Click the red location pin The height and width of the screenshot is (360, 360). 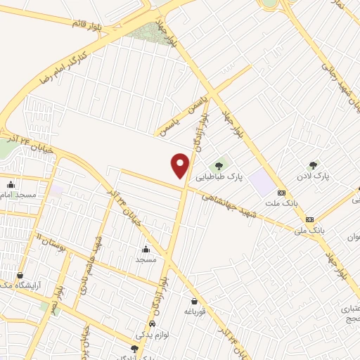click(181, 166)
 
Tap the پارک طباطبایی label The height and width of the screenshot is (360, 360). click(220, 178)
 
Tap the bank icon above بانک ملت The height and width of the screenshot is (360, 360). click(281, 192)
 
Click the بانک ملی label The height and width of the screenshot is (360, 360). click(311, 229)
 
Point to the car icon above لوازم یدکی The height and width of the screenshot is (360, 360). click(153, 324)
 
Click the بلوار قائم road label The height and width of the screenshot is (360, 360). click(87, 22)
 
